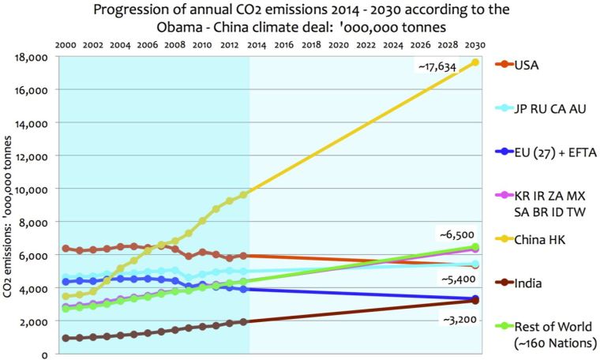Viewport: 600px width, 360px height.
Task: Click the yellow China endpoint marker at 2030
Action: click(x=475, y=62)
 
